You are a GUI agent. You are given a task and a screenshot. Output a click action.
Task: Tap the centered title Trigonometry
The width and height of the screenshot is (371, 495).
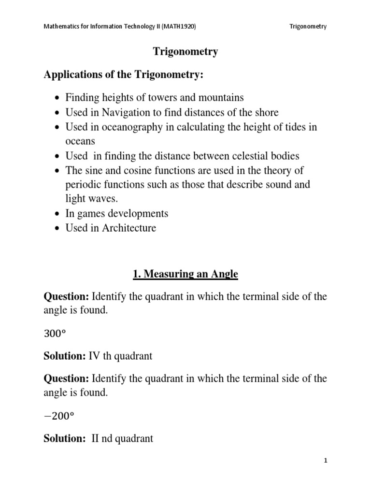(185, 52)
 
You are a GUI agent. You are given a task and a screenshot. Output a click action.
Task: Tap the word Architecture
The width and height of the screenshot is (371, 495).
(129, 228)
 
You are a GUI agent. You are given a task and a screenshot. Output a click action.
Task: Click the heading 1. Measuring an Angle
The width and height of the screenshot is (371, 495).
(185, 275)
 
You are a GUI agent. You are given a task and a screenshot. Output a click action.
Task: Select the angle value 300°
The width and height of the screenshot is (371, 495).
(54, 334)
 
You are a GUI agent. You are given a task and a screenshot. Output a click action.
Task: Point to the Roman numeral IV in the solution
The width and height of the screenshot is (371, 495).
(94, 356)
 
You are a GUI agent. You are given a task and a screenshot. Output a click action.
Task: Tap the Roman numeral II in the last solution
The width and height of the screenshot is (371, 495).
(96, 439)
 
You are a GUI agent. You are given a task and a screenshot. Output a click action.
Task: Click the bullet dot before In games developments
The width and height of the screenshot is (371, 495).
(57, 214)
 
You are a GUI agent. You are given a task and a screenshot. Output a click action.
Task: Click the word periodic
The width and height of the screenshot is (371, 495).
(81, 185)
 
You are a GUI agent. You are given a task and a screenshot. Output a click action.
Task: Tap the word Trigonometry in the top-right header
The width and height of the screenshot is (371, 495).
(308, 27)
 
